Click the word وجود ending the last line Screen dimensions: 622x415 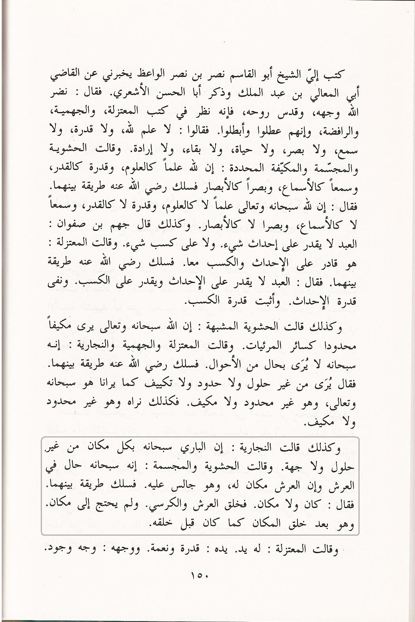coord(52,550)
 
